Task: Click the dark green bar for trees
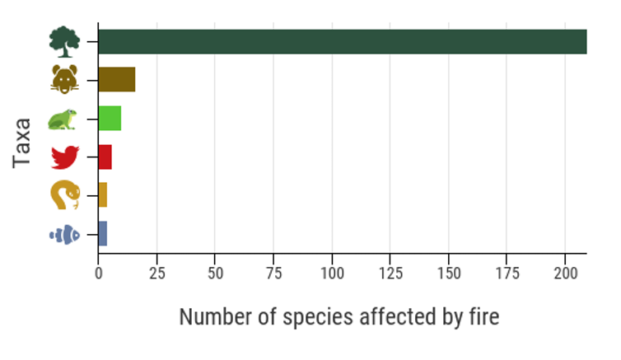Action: pyautogui.click(x=342, y=41)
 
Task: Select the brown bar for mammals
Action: pyautogui.click(x=116, y=79)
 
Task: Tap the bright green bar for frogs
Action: pyautogui.click(x=110, y=119)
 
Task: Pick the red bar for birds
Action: pyautogui.click(x=105, y=157)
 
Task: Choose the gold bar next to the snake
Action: pyautogui.click(x=103, y=195)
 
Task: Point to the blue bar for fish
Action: pyautogui.click(x=103, y=234)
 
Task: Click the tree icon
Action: pyautogui.click(x=64, y=41)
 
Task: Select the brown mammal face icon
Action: pyautogui.click(x=64, y=80)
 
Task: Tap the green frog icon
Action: pyautogui.click(x=63, y=119)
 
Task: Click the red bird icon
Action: pyautogui.click(x=64, y=157)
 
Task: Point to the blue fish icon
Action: pyautogui.click(x=64, y=235)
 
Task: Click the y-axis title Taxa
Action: pyautogui.click(x=22, y=143)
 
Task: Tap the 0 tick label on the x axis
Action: pyautogui.click(x=98, y=272)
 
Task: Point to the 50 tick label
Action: pyautogui.click(x=215, y=272)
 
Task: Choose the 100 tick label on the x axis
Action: pyautogui.click(x=332, y=272)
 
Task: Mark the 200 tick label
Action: pyautogui.click(x=565, y=272)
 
